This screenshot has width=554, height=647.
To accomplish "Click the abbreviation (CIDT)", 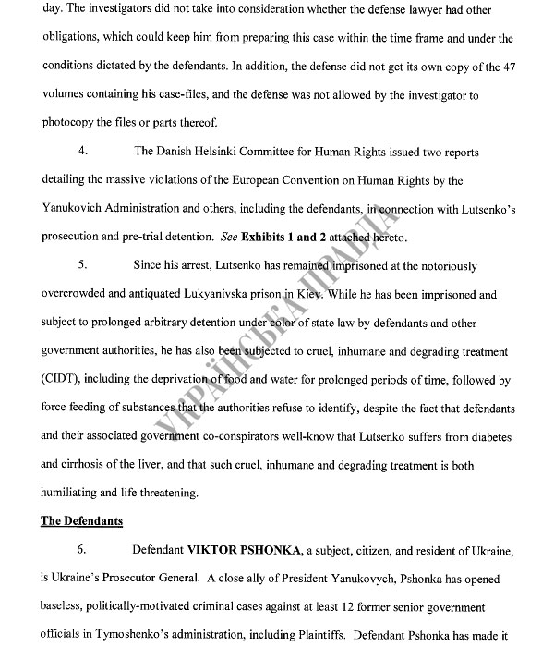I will [x=62, y=378].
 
